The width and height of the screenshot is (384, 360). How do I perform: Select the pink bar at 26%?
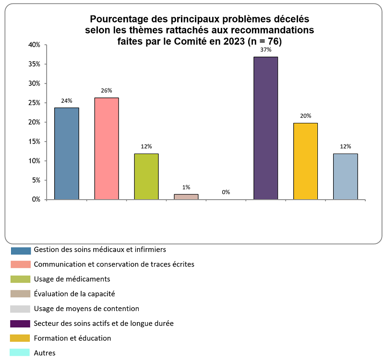point(106,148)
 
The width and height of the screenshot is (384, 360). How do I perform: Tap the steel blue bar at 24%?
point(66,153)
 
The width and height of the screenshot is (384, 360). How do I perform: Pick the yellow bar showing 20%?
point(306,161)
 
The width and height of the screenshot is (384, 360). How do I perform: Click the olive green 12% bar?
point(146,176)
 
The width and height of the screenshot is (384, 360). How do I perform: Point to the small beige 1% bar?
point(186,196)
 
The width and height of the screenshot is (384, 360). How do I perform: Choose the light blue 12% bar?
point(346,176)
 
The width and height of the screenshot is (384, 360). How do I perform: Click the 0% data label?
point(226,192)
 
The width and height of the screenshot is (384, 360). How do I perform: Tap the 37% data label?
point(266,49)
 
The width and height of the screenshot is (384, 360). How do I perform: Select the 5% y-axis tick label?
point(35,180)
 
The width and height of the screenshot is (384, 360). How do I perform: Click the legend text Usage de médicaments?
point(72,279)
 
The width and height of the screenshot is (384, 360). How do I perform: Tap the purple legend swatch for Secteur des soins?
point(21,324)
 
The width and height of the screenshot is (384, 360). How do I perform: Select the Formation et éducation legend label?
point(72,338)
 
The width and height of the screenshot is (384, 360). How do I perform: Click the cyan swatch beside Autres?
point(21,353)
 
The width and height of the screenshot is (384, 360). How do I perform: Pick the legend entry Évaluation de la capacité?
point(74,294)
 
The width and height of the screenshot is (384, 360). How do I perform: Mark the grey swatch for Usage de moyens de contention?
point(21,309)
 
